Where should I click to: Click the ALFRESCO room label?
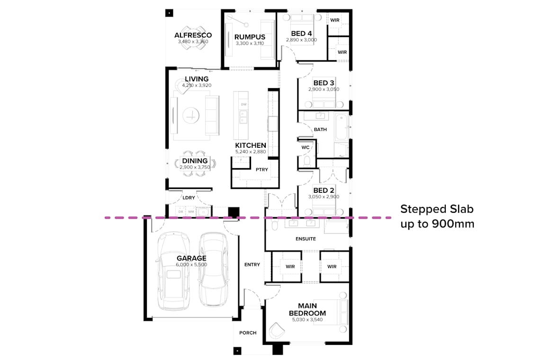pos(193,35)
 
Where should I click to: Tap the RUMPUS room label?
pos(250,37)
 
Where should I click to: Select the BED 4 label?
pos(301,34)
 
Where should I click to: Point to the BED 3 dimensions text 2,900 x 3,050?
pos(324,89)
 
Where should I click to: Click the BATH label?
pos(320,129)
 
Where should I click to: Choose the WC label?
pos(306,147)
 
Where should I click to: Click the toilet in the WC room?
pos(306,162)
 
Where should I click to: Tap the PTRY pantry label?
pos(261,169)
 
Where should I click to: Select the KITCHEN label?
pos(251,145)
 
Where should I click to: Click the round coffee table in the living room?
pos(192,114)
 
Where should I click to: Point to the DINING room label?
pos(195,161)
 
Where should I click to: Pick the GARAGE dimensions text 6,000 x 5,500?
pos(191,265)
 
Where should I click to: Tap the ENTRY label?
pos(252,264)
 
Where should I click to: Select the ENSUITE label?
pos(306,239)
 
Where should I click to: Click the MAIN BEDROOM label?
pos(307,309)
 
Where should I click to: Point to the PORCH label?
pos(248,333)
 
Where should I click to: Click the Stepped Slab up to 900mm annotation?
pos(437,216)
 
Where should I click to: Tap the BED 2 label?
pos(324,190)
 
